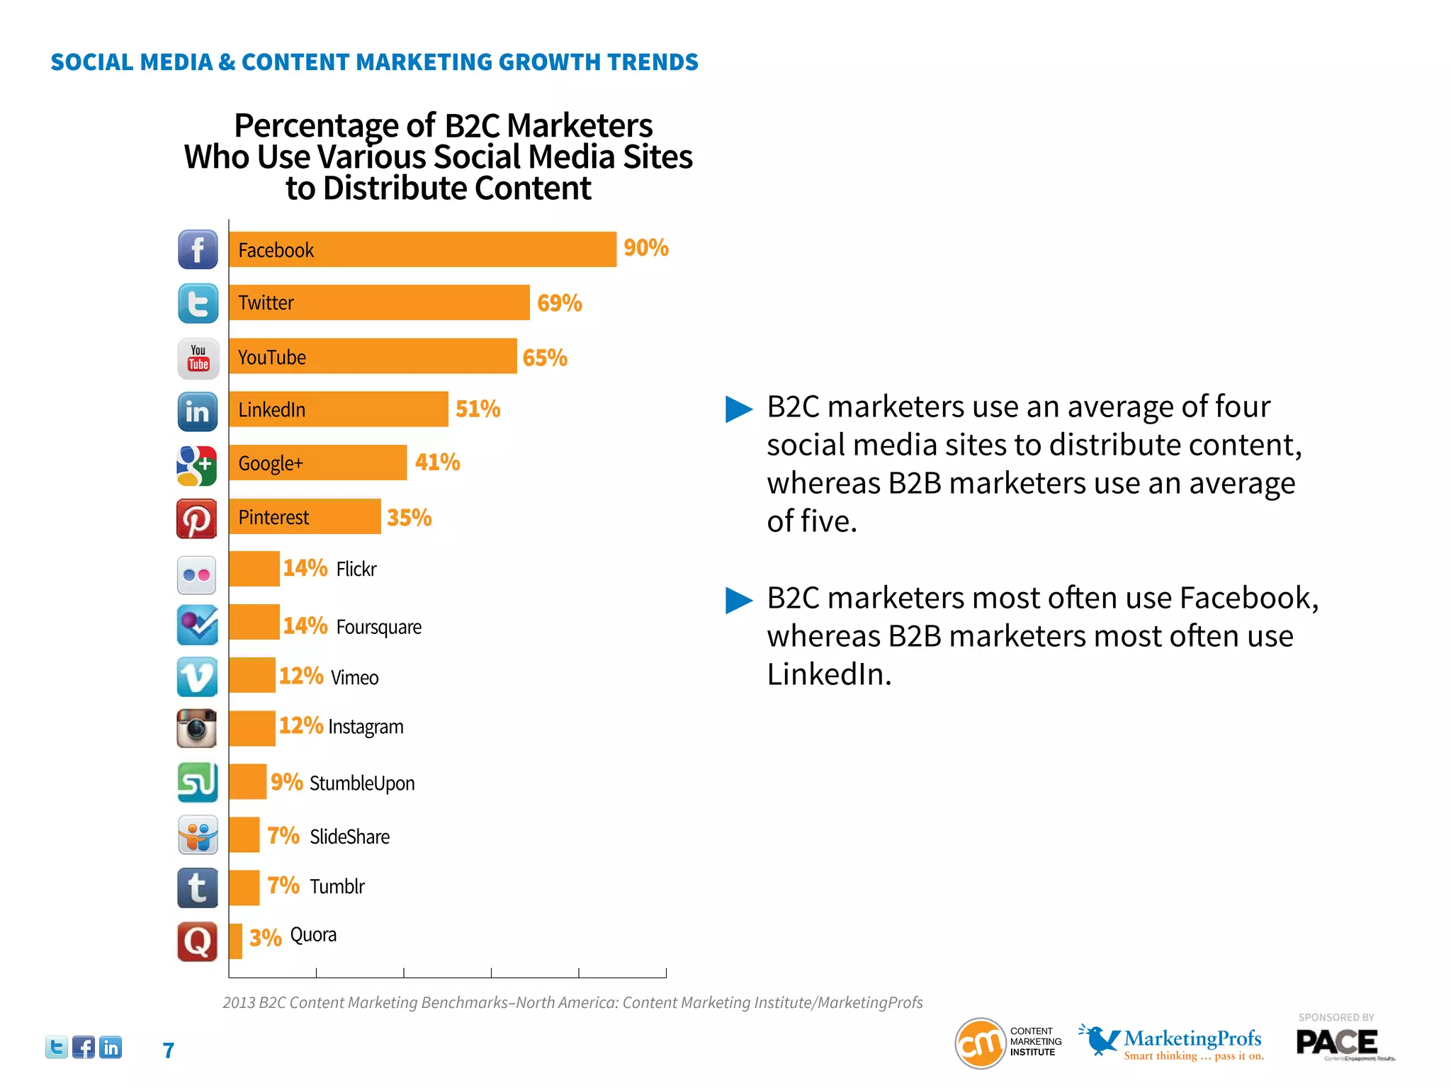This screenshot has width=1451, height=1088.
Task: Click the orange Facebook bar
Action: click(422, 249)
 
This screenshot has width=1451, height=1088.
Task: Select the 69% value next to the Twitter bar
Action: click(559, 303)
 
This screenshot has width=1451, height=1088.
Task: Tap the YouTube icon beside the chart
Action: click(198, 358)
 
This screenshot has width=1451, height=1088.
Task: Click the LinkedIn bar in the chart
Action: click(338, 409)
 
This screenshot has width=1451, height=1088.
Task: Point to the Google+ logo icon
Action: click(196, 465)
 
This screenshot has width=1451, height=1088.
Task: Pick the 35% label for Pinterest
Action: click(409, 518)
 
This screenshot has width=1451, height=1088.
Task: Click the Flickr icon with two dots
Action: click(196, 574)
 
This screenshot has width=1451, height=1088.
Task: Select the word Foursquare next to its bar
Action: click(378, 627)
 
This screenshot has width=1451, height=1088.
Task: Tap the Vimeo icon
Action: click(197, 677)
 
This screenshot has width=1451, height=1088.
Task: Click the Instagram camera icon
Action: click(196, 728)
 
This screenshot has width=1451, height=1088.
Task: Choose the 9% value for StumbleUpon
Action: click(286, 782)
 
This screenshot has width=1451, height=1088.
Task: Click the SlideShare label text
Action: click(349, 837)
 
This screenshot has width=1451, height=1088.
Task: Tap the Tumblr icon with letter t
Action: click(197, 888)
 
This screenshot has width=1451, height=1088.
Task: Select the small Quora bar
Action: click(235, 941)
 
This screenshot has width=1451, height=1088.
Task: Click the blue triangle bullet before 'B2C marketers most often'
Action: click(738, 600)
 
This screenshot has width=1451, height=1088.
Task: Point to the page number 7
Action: click(168, 1050)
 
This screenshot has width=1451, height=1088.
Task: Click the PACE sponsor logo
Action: click(1337, 1043)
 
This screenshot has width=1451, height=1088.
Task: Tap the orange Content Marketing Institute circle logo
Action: click(981, 1043)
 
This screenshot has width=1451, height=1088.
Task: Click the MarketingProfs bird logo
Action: click(1099, 1039)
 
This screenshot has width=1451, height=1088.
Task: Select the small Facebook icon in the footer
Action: click(83, 1047)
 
